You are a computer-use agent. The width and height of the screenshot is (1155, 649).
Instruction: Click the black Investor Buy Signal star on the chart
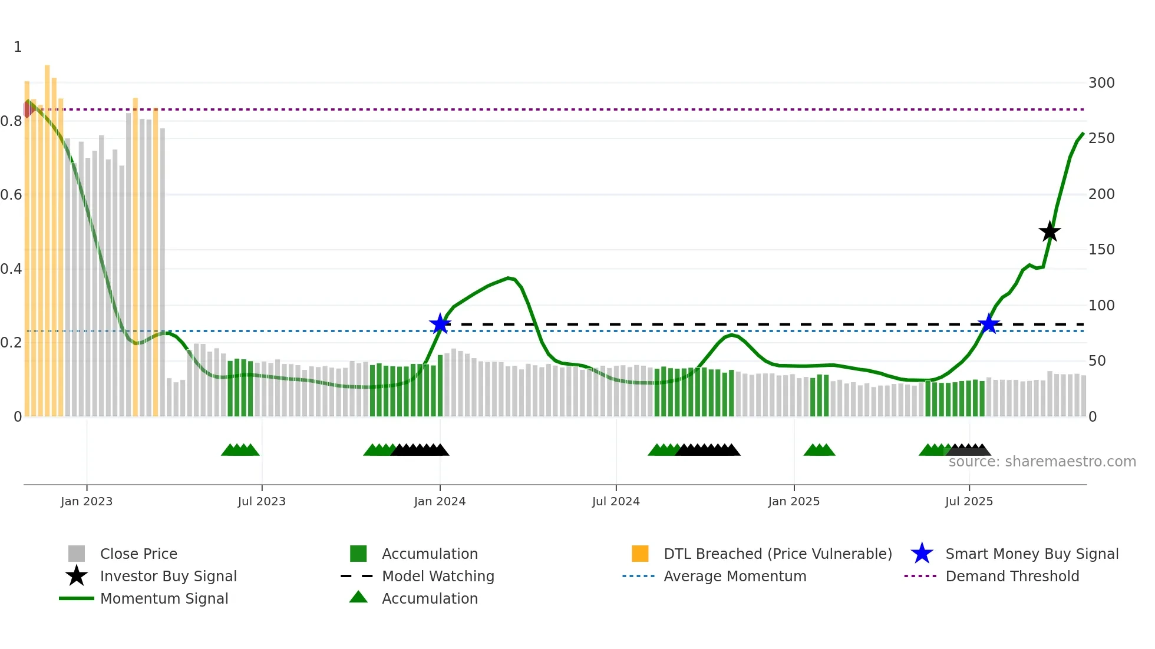(x=1049, y=232)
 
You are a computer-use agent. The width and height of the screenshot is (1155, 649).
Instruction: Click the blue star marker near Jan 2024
(x=440, y=324)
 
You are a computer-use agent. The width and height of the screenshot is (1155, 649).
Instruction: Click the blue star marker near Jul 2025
(x=988, y=324)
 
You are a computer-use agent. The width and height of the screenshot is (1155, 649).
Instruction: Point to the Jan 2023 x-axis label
(x=87, y=501)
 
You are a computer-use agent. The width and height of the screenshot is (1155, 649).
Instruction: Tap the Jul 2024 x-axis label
(x=616, y=501)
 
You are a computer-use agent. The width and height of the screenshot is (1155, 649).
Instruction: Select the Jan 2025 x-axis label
(x=794, y=501)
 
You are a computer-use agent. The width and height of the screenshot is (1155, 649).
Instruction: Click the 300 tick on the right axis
(x=1101, y=83)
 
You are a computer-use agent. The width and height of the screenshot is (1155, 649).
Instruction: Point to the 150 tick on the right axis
(x=1101, y=250)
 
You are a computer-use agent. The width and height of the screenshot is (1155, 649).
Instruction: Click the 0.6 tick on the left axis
(x=11, y=195)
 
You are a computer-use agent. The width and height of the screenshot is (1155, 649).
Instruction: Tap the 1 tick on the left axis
(x=18, y=47)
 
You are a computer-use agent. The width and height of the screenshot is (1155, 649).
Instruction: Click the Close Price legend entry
(x=138, y=554)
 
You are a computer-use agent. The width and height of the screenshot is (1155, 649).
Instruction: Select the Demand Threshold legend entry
(x=1012, y=576)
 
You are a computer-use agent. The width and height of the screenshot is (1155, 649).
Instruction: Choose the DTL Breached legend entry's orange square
(x=640, y=554)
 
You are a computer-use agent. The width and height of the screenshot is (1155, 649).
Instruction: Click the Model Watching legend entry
(x=438, y=576)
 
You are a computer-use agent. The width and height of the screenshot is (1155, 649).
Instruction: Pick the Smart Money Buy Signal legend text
(x=1032, y=554)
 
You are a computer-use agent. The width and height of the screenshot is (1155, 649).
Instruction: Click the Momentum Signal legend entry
(x=164, y=598)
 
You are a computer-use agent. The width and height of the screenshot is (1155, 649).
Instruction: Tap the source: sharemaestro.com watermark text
(x=1042, y=462)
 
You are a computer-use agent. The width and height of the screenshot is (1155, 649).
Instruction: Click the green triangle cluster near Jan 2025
(x=819, y=450)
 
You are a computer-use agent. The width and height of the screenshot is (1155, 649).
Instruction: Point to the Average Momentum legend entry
(x=735, y=576)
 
